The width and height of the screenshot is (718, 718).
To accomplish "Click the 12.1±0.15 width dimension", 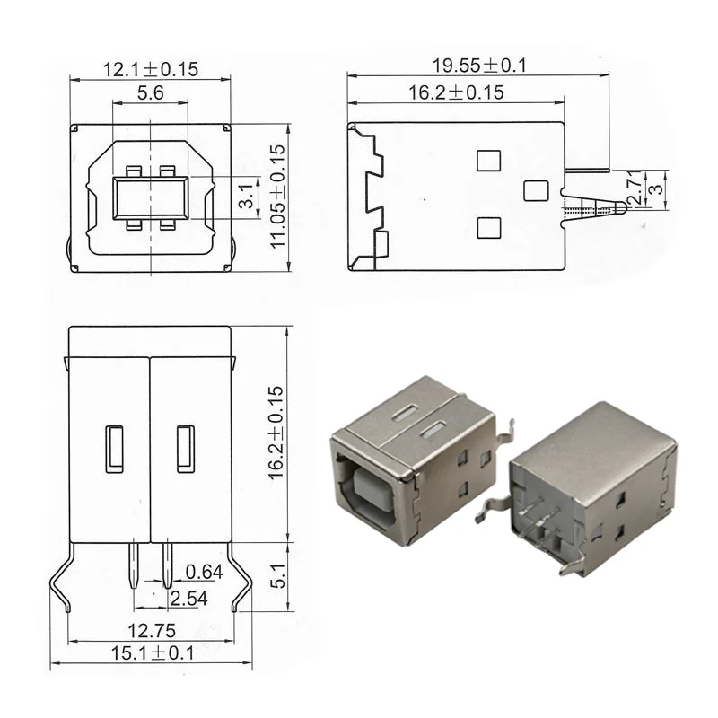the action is point(150,69).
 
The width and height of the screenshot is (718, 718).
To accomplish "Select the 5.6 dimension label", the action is point(150,93).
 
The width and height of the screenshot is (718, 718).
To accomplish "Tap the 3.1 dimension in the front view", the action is point(246,196).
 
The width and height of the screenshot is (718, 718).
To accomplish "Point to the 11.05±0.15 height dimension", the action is point(277,197).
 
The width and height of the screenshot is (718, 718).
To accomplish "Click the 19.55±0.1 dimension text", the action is point(479,66).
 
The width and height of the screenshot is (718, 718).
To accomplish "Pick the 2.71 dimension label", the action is point(635,187).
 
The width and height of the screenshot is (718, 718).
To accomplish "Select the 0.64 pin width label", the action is point(205,572).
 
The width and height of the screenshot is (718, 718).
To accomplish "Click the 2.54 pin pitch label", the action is point(188,599).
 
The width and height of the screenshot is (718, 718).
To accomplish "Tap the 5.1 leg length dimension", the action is point(277,576).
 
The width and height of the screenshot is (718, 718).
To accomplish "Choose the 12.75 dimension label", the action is point(152,631).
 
